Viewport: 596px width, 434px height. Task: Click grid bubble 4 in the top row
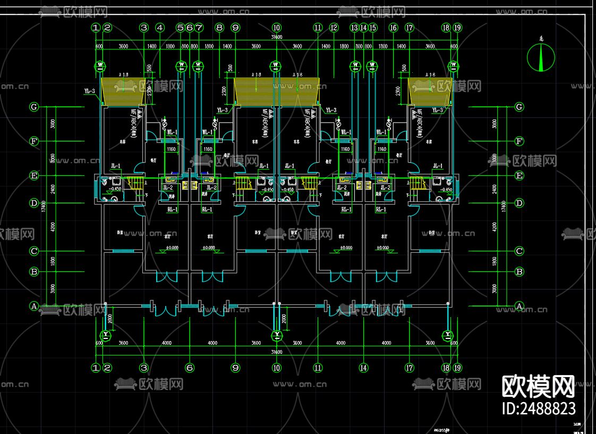[x=160, y=27]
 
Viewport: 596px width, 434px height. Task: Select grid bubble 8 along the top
[x=219, y=27]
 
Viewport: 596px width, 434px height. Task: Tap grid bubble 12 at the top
[x=334, y=27]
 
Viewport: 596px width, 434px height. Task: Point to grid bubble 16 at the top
[x=393, y=27]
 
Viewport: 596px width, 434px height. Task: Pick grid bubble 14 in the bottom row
[x=364, y=367]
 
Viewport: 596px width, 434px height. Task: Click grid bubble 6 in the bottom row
[x=190, y=367]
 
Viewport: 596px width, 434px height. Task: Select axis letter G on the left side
[x=34, y=107]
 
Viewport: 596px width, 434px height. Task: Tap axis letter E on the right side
[x=519, y=175]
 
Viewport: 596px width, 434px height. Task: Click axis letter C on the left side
[x=34, y=251]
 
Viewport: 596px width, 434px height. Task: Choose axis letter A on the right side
[x=519, y=306]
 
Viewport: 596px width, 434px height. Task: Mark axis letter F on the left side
[x=34, y=141]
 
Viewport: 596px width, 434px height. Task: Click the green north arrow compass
[x=541, y=57]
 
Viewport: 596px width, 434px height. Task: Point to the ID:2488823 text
[x=538, y=408]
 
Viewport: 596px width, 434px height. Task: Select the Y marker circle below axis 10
[x=276, y=335]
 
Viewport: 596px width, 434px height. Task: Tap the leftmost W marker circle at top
[x=101, y=66]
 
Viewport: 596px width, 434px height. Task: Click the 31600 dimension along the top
[x=276, y=37]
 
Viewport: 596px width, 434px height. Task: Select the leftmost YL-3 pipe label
[x=89, y=91]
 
